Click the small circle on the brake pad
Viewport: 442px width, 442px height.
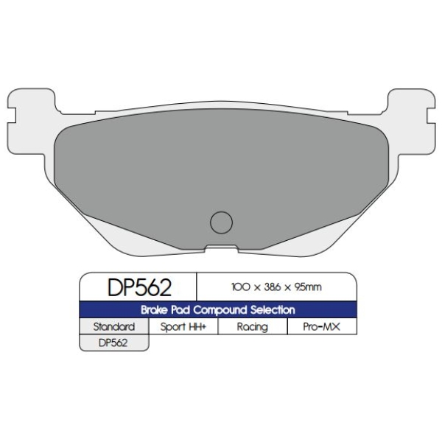click(x=221, y=222)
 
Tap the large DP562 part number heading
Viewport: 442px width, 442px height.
click(x=139, y=287)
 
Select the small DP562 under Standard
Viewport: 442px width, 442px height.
click(x=113, y=343)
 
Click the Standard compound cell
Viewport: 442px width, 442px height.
click(x=114, y=326)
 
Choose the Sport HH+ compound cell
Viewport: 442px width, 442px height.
click(x=183, y=326)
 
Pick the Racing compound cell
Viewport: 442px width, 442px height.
click(x=253, y=326)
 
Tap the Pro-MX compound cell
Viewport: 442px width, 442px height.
click(x=322, y=326)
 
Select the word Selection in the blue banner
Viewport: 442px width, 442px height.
click(x=273, y=310)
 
